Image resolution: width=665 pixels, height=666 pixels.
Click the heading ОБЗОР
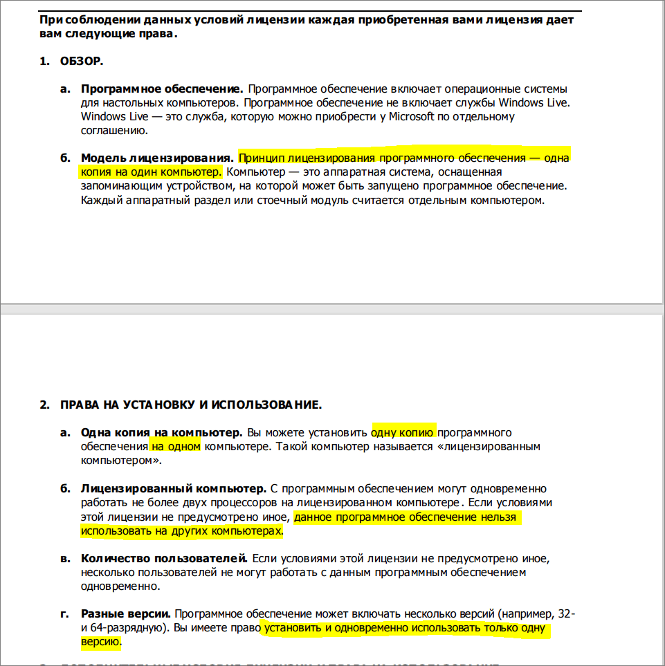click(x=82, y=62)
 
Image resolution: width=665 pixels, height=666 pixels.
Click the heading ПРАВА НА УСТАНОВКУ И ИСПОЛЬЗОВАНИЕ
click(x=190, y=405)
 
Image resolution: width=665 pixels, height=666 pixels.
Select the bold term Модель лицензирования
click(x=157, y=158)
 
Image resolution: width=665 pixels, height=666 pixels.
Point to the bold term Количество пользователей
click(x=164, y=558)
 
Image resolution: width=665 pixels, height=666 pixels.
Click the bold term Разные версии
click(x=125, y=614)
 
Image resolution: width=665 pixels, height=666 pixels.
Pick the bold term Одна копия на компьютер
click(x=161, y=433)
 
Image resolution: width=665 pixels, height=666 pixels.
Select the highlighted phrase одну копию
click(x=403, y=433)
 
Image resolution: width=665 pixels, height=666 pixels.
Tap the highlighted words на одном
click(x=175, y=447)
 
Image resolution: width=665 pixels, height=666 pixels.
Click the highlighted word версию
click(x=100, y=642)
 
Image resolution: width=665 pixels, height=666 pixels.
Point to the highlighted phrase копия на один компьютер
click(x=151, y=172)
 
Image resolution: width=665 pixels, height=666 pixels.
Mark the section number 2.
click(x=44, y=405)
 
